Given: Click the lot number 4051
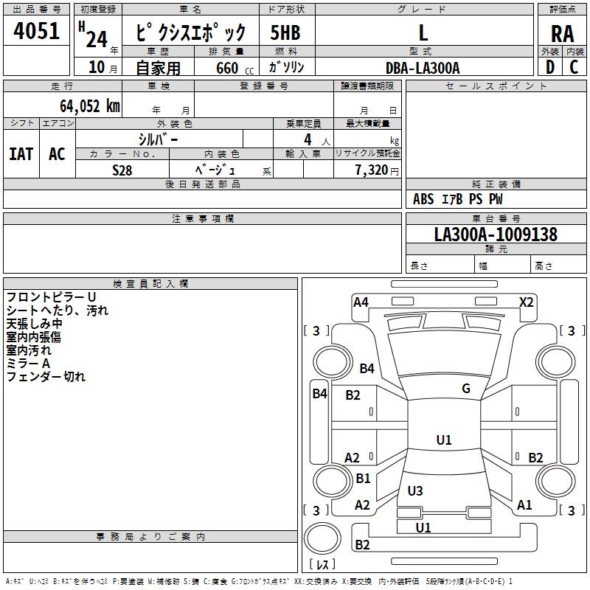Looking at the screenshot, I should point(37,33).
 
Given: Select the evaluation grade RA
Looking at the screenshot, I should point(562,33).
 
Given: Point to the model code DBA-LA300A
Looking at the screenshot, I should point(423,68).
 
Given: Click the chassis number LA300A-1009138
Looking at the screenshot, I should point(496,235).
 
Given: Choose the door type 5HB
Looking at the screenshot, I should point(285,33).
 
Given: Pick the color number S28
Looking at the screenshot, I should point(122,170).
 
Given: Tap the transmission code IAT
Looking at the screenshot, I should point(21,153).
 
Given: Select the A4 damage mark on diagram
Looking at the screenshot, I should point(361,302).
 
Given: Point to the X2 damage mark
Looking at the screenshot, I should point(526,302).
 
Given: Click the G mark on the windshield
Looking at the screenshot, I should point(465,389).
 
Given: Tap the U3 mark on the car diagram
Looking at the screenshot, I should point(415,490).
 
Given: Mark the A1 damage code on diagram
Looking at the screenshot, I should point(524,505).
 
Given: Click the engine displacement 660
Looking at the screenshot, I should point(227,69).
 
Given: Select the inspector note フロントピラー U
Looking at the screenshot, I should point(51,297).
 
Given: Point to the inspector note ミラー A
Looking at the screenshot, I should point(28,364).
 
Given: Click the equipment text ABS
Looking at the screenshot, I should point(423,199).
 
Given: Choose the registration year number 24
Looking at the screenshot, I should point(96,38).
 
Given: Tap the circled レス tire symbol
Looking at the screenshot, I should point(322,564).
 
